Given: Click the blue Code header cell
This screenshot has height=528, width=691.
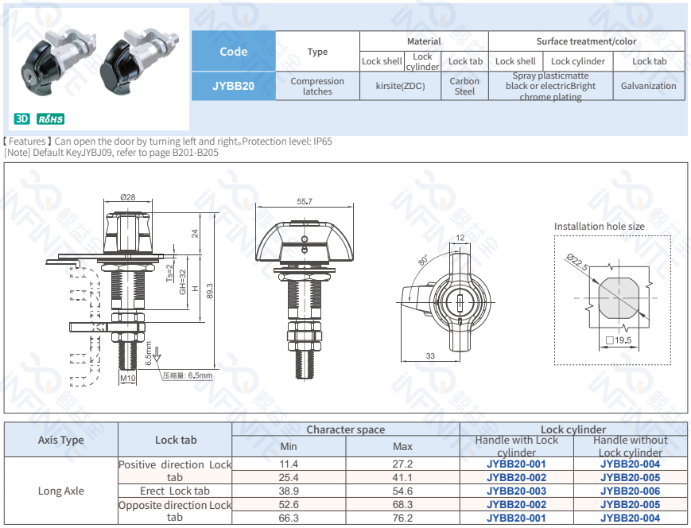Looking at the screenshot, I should (x=233, y=52).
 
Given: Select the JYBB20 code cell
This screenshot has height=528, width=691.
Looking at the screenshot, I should (x=233, y=86).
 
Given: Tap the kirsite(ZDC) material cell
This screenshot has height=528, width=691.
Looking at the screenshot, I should (x=400, y=86).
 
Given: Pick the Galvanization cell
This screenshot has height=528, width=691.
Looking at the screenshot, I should (x=648, y=86).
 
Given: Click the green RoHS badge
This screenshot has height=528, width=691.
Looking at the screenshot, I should (x=50, y=119).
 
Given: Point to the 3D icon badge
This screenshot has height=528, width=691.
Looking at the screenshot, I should (x=22, y=119).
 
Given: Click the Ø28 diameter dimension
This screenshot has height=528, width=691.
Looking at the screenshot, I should (x=127, y=197).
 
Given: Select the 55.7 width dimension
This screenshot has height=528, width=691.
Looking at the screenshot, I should (x=305, y=202).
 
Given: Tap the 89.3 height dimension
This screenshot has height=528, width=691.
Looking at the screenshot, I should (x=210, y=291).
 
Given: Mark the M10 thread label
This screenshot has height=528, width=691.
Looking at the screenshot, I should (x=127, y=379).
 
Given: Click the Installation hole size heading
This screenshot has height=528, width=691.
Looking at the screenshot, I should (x=600, y=227).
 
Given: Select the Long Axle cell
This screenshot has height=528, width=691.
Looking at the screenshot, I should (x=61, y=491).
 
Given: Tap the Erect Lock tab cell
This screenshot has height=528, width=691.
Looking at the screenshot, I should (x=175, y=491).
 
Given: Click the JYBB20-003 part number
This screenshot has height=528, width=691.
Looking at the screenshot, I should (x=516, y=491).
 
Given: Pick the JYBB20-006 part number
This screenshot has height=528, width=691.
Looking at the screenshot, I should (x=630, y=491).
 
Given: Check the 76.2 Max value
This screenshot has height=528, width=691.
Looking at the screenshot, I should (x=402, y=518).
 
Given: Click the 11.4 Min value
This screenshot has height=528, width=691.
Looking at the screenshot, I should (x=289, y=464).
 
